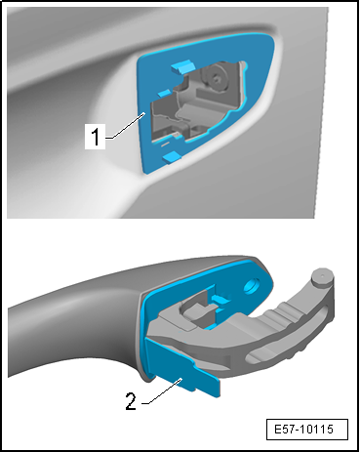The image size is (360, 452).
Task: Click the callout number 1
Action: coord(96,137)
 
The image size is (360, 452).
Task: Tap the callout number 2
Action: coord(131,401)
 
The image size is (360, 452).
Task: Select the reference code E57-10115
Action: coord(303,429)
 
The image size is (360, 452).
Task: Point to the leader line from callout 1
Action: coord(126,126)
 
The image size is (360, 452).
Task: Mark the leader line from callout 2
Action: coord(161,391)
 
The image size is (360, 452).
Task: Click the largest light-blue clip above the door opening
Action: coord(182,67)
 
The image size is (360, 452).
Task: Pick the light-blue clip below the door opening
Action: coord(172,157)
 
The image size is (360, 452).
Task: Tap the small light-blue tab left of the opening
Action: coord(164,93)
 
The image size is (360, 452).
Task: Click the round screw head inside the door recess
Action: coord(216,78)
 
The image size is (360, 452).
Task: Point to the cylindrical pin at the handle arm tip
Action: coord(323,278)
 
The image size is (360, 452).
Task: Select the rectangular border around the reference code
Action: coord(306,430)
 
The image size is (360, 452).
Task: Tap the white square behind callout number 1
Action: coord(95,137)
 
